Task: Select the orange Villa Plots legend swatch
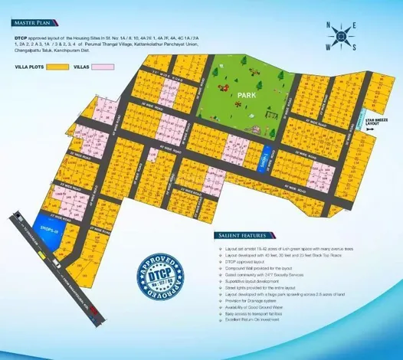tap(57, 66)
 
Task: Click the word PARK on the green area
tap(246, 96)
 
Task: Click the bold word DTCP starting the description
tap(20, 36)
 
